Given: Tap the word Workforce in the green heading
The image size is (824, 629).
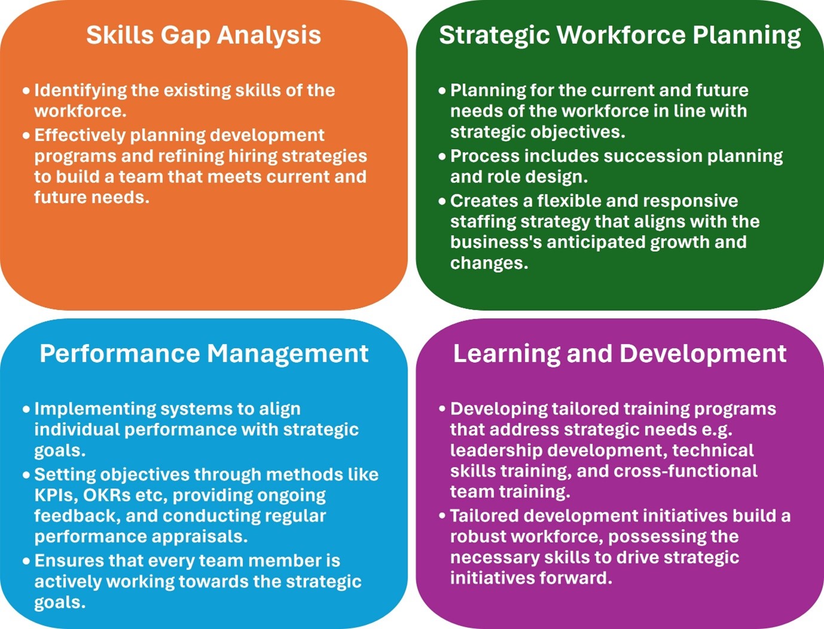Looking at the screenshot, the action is [621, 35].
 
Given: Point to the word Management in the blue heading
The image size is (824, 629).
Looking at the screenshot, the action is [288, 354].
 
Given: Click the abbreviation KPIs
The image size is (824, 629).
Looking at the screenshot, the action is [56, 495].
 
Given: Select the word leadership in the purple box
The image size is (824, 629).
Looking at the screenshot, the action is [497, 451].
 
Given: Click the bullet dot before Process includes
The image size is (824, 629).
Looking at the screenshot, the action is [442, 157].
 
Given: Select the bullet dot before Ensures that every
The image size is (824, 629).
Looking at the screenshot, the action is [26, 562].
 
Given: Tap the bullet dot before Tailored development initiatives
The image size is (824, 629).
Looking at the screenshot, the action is [442, 516].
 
